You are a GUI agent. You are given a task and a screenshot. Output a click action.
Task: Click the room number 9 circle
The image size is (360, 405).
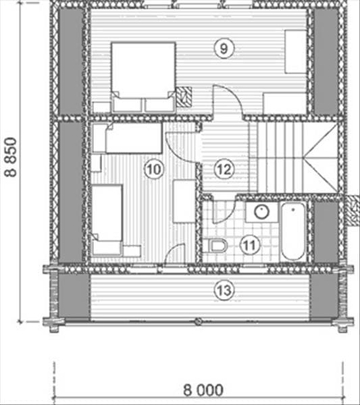[x=224, y=49]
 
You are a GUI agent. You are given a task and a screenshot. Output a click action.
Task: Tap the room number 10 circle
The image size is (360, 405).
[x=154, y=169]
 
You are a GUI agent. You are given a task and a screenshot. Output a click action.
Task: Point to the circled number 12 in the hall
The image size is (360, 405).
[x=224, y=169]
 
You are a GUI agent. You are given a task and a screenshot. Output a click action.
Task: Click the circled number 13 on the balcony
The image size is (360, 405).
[x=224, y=290]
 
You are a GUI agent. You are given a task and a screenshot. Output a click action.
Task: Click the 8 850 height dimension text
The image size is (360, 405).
[x=11, y=157]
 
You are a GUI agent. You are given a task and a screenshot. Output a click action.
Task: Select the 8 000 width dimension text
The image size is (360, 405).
[x=203, y=390]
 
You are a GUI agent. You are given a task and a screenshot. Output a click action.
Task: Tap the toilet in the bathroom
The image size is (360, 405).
[x=215, y=246]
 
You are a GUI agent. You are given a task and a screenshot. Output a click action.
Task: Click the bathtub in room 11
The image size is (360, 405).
[x=293, y=232]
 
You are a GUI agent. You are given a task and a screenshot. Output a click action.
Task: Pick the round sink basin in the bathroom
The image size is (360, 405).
[x=262, y=212]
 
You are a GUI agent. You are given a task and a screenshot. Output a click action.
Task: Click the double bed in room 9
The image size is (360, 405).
[x=144, y=77]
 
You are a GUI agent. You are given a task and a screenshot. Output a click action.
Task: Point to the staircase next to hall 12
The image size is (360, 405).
[x=293, y=157]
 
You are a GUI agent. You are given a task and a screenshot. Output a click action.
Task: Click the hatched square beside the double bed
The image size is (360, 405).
[x=184, y=97]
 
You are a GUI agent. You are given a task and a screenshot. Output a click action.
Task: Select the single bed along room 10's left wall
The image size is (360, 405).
[x=107, y=219]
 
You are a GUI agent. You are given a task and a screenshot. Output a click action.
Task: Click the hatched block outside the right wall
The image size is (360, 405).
[x=353, y=211]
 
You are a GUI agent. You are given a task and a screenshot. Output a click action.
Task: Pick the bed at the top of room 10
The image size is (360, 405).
[x=133, y=138]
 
